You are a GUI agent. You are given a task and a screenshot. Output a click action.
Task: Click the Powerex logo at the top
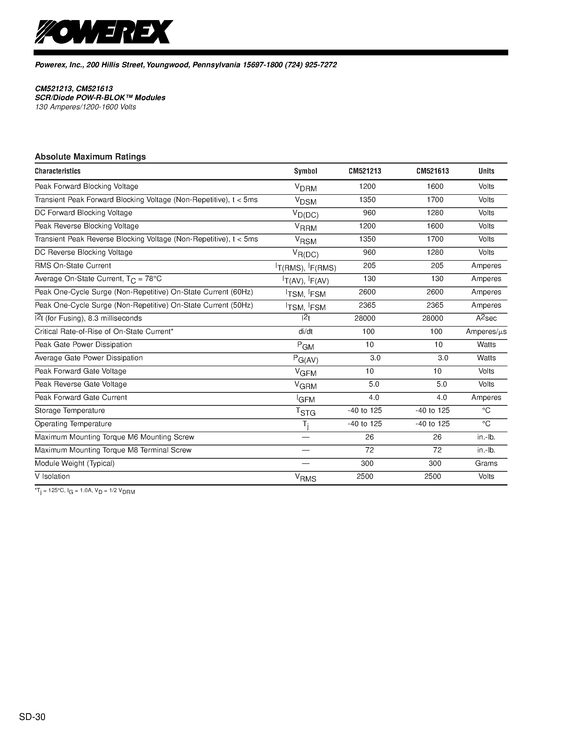[104, 32]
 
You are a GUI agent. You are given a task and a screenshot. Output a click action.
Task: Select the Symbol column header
[305, 171]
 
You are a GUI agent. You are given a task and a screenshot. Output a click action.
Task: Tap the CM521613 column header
[432, 171]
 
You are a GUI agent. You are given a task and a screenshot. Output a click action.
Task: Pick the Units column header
[486, 171]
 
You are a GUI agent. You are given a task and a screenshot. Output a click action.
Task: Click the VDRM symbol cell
[306, 187]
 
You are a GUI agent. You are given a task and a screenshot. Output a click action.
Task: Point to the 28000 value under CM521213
[365, 318]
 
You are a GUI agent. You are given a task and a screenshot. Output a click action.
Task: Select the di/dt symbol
[305, 332]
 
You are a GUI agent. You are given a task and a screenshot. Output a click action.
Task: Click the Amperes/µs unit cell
[486, 332]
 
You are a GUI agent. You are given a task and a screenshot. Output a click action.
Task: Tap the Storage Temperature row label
[70, 411]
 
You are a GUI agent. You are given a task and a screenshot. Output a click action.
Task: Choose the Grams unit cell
[486, 464]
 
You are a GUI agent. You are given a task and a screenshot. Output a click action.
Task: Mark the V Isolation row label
[52, 477]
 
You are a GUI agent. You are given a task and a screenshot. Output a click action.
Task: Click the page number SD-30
[32, 717]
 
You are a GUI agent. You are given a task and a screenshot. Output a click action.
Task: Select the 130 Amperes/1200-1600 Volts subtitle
[85, 107]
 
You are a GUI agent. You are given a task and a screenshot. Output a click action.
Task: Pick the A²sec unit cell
[486, 318]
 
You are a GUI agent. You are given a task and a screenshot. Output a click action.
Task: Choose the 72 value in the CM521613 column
[437, 450]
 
